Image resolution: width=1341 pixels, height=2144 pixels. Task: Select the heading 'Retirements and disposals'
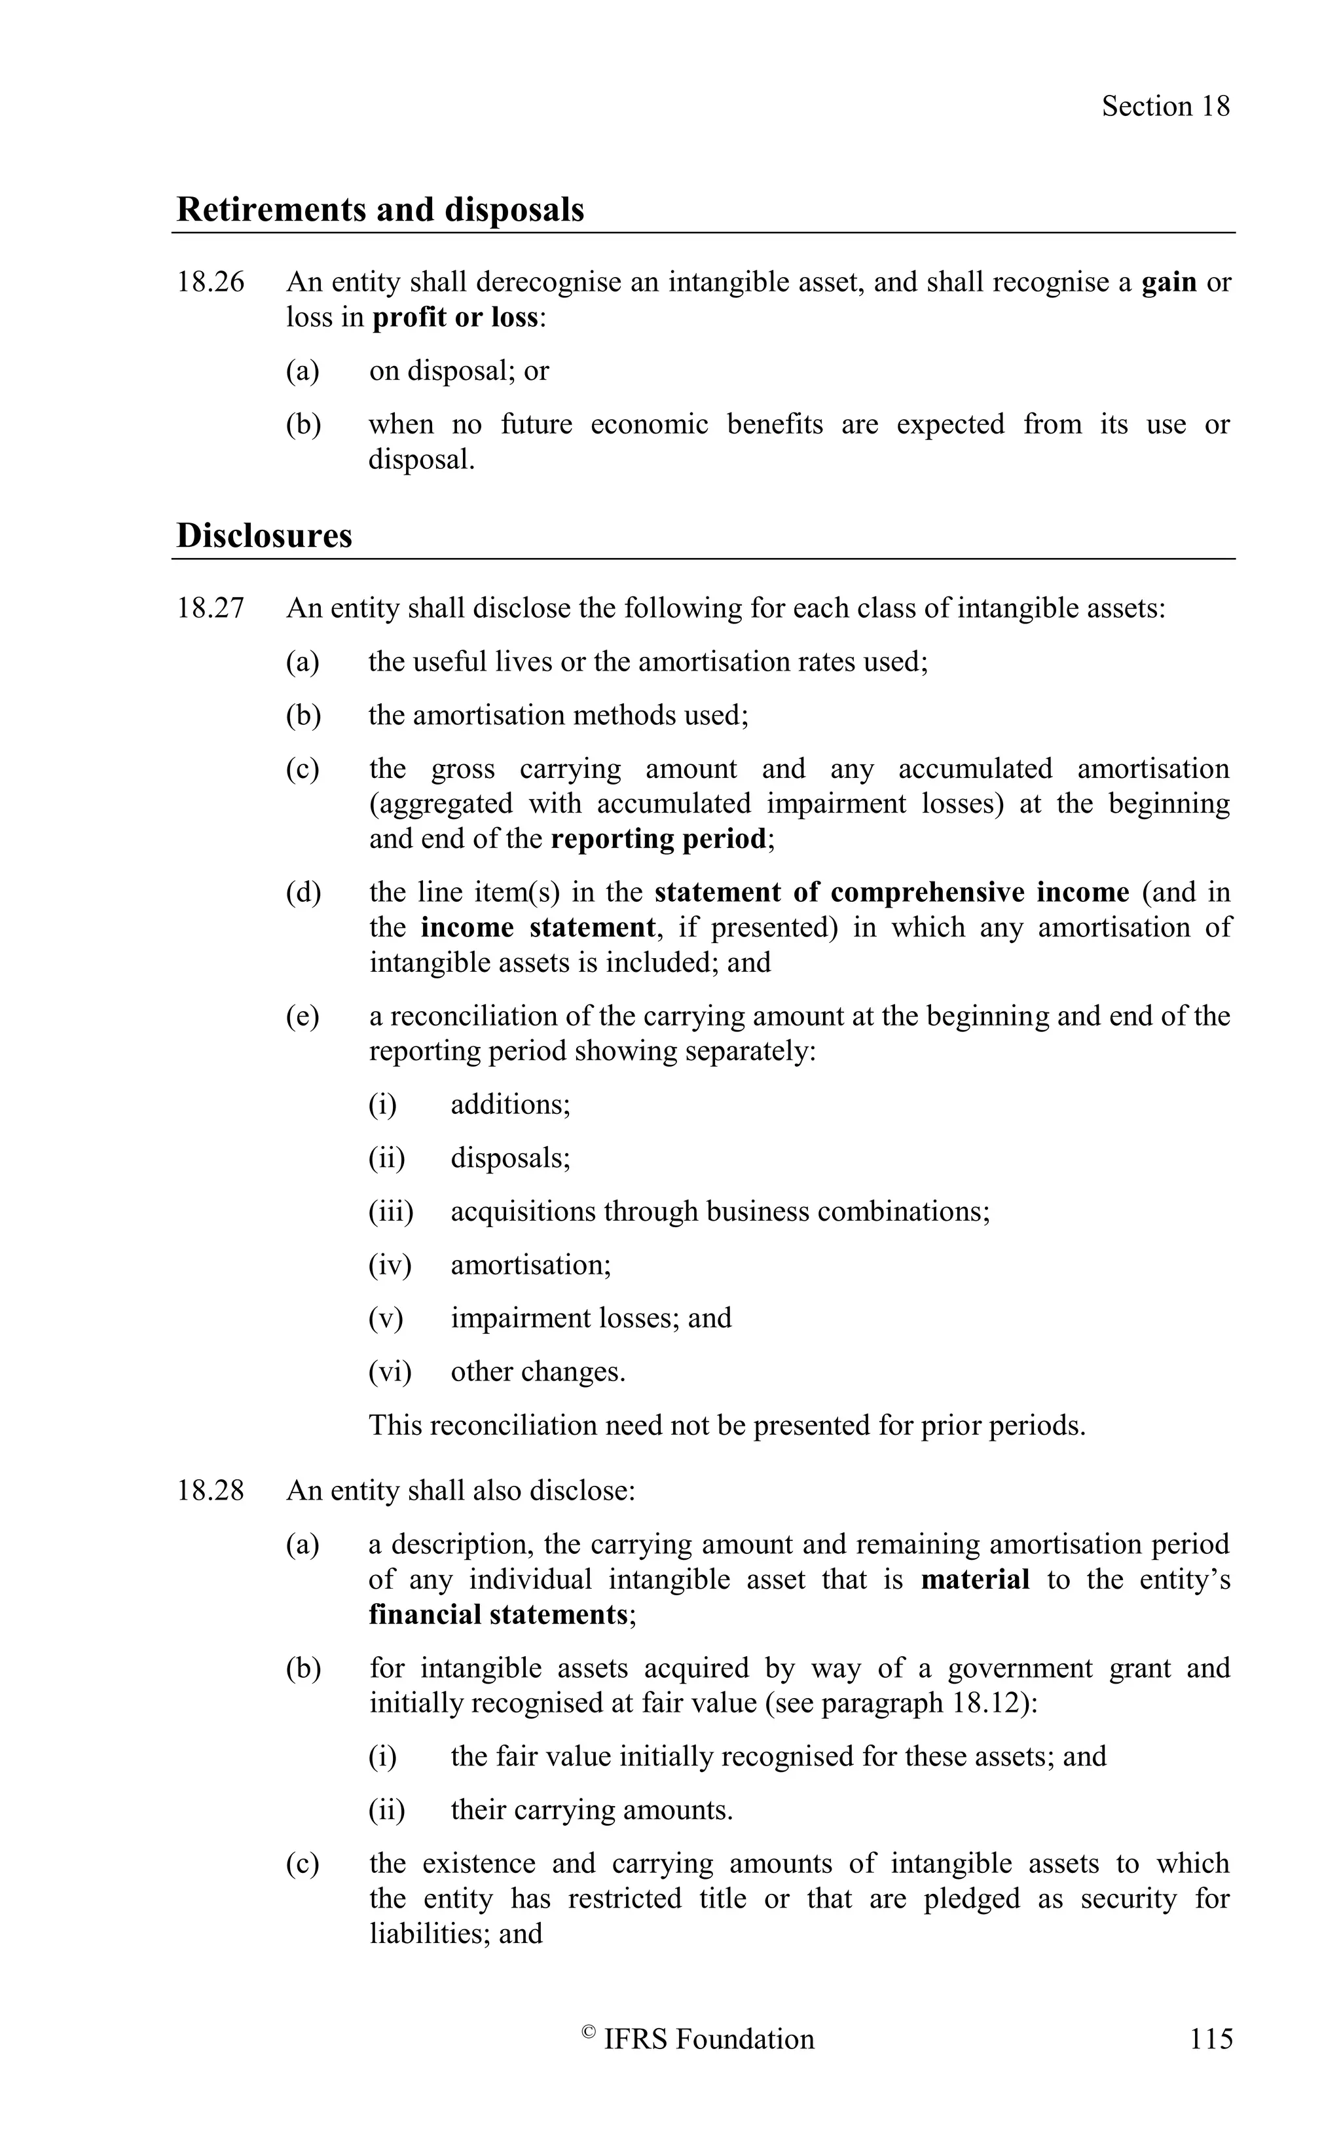click(x=380, y=210)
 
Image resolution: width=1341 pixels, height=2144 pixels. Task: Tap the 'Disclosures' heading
click(x=265, y=536)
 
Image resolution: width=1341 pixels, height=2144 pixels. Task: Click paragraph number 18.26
click(x=210, y=282)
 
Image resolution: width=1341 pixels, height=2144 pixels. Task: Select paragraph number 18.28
click(x=210, y=1490)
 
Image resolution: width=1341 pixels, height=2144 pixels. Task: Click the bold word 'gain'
click(x=1168, y=282)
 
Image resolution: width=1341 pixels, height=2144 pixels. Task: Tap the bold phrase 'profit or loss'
click(x=455, y=318)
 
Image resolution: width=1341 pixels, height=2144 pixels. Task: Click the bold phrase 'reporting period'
click(x=658, y=839)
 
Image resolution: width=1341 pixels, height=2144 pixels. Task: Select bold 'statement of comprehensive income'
click(x=891, y=893)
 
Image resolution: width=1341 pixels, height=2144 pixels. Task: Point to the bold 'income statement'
click(x=538, y=928)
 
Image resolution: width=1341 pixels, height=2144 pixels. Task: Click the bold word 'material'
click(x=975, y=1579)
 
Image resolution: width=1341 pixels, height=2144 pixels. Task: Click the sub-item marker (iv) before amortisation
click(x=390, y=1265)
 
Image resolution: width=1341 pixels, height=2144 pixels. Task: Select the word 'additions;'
click(x=510, y=1105)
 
